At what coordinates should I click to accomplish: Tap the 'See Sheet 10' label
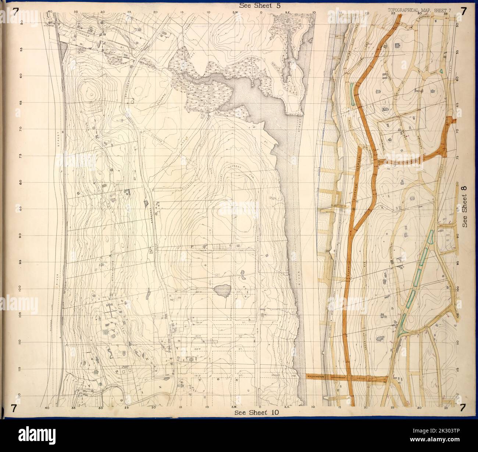[256, 413]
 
